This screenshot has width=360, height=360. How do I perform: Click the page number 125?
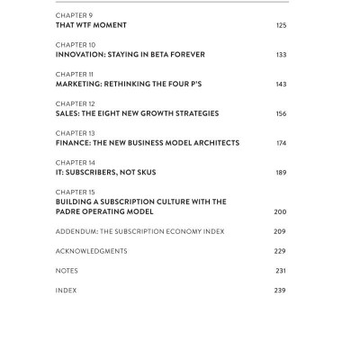281,25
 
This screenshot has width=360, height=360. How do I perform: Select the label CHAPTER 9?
73,15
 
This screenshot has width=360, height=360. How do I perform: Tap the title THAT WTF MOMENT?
90,25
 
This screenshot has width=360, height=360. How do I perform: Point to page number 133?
281,54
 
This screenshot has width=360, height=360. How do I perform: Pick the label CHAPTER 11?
75,74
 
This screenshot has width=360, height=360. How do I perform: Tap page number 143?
281,84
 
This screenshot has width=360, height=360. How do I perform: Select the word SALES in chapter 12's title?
68,113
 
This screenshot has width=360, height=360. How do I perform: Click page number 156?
281,113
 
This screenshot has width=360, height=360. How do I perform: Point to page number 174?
281,143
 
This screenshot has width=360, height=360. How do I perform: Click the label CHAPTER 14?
75,162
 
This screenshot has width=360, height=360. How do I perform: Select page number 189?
281,172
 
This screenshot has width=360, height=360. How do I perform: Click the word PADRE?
69,211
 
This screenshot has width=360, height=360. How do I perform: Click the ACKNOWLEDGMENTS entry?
91,251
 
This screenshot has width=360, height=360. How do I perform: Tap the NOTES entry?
67,271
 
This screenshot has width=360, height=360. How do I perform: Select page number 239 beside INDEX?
281,291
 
